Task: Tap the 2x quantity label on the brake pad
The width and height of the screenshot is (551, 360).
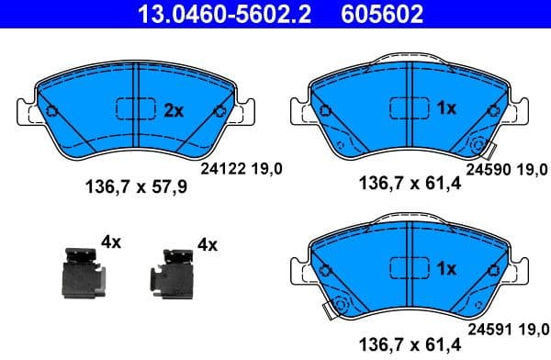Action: [174, 110]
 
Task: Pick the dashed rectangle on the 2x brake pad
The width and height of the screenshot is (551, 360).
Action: [135, 110]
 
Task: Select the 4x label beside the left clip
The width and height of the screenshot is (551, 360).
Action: [111, 242]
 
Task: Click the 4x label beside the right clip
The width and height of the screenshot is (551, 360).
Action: [207, 245]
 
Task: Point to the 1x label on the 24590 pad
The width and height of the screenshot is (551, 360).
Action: [446, 108]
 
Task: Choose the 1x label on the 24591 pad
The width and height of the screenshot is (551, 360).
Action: [446, 269]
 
